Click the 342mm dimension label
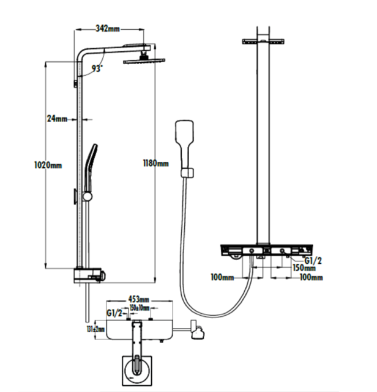[108, 28]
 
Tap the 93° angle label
[97, 69]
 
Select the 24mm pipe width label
[57, 118]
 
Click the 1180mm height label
[155, 163]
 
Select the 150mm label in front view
[304, 267]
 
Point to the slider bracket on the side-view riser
[88, 196]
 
